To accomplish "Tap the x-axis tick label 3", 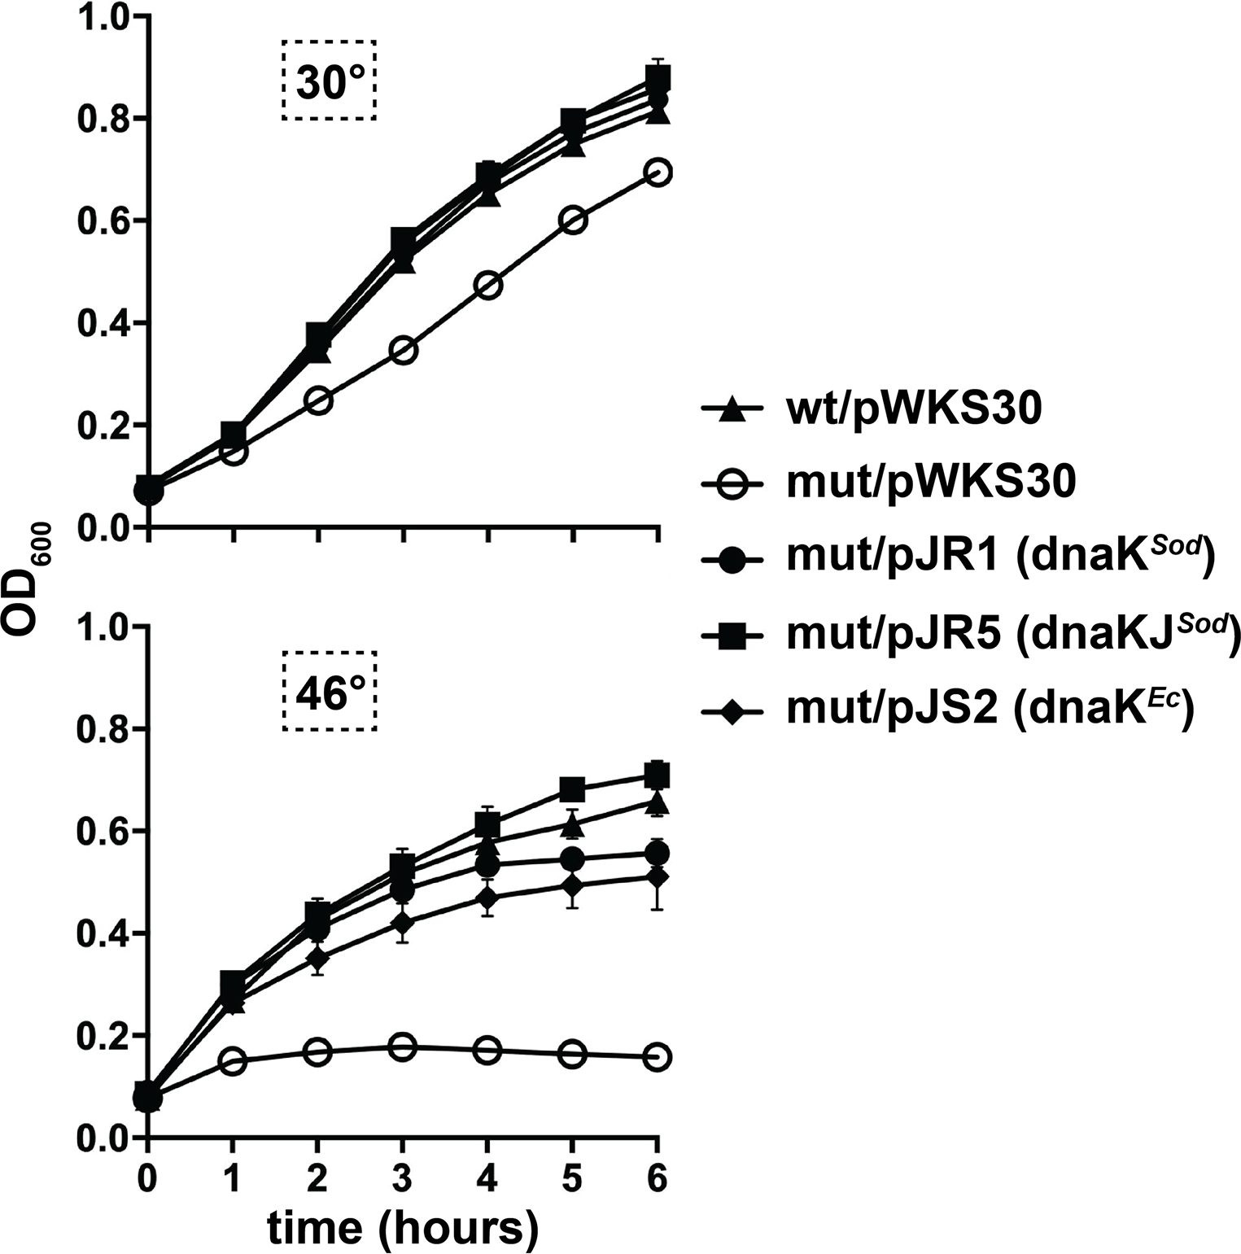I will click(x=402, y=1178).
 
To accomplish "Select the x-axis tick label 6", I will click(x=658, y=1178).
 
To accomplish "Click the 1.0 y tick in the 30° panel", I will click(x=102, y=18).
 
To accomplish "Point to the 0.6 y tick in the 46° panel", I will click(x=102, y=831).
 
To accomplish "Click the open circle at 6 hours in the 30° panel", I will click(x=658, y=173).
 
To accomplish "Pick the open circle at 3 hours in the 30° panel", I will click(x=403, y=351).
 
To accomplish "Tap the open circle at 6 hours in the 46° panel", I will click(x=658, y=1057).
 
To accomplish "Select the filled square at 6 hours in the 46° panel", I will click(x=658, y=774).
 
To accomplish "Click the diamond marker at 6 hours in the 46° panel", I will click(x=658, y=877).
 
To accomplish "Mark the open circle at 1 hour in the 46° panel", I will click(x=233, y=1061).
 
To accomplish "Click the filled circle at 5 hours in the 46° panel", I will click(x=572, y=859).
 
